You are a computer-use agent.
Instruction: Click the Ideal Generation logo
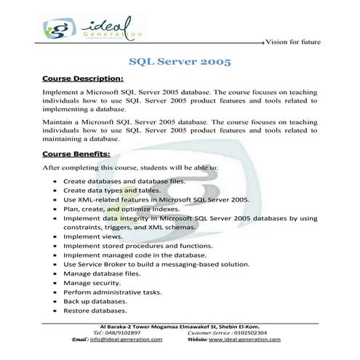pyautogui.click(x=91, y=29)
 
